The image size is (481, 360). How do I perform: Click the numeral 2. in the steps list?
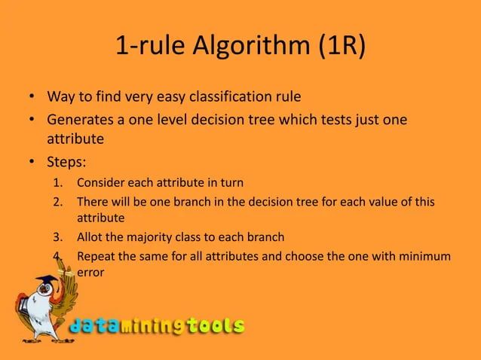pyautogui.click(x=58, y=202)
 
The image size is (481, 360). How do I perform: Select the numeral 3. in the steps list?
pyautogui.click(x=58, y=238)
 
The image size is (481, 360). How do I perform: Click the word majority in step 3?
pyautogui.click(x=150, y=238)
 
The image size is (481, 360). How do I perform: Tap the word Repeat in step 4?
pyautogui.click(x=96, y=256)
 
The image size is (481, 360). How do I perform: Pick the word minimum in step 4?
pyautogui.click(x=426, y=256)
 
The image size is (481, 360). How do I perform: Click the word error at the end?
pyautogui.click(x=91, y=273)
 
